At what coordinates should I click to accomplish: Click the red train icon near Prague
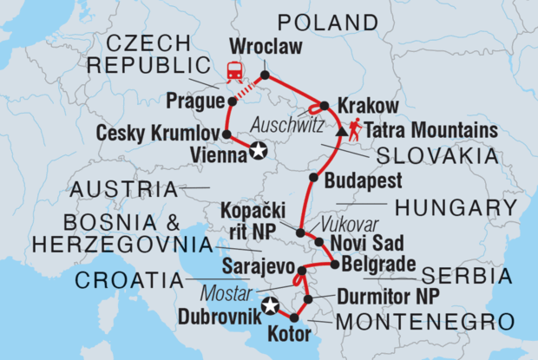[x=234, y=73]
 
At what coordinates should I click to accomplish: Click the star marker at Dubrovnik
[x=270, y=305]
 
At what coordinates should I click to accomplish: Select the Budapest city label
[x=363, y=181]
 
